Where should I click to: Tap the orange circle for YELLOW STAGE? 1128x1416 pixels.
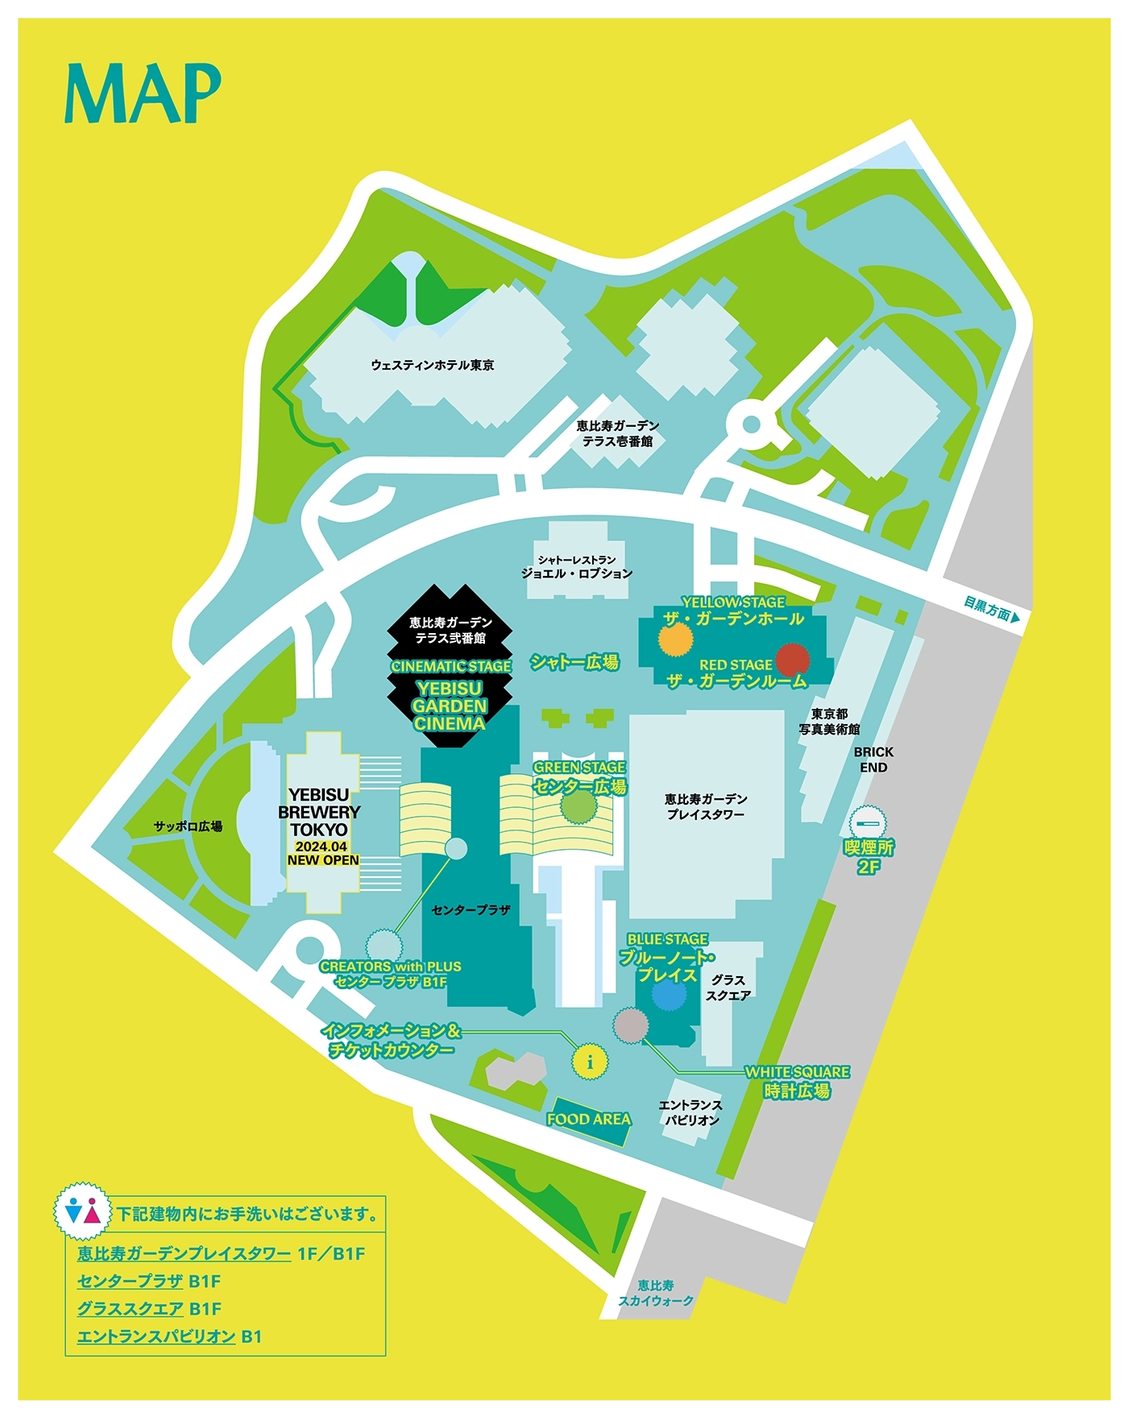point(675,640)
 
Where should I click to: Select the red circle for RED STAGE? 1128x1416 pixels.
point(792,659)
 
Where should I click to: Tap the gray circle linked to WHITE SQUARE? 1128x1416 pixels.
point(630,1025)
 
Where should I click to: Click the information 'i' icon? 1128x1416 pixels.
point(590,1062)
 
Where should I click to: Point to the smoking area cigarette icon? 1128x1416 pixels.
point(868,823)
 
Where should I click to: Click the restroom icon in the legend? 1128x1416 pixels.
point(83,1211)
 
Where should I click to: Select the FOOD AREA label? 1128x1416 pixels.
point(588,1119)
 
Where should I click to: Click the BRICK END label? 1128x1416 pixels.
point(873,760)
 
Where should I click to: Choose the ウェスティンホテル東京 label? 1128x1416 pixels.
point(433,365)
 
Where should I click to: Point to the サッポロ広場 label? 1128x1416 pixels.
point(188,826)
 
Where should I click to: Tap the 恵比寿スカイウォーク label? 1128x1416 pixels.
point(655,1293)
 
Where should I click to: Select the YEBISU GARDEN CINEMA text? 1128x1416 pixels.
point(450,706)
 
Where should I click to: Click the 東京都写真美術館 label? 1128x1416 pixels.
point(829,722)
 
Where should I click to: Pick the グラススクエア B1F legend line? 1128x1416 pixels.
point(149,1309)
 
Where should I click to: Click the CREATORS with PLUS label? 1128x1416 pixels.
point(390,967)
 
